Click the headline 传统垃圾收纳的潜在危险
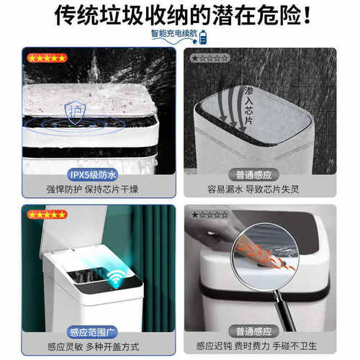[x=180, y=14]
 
